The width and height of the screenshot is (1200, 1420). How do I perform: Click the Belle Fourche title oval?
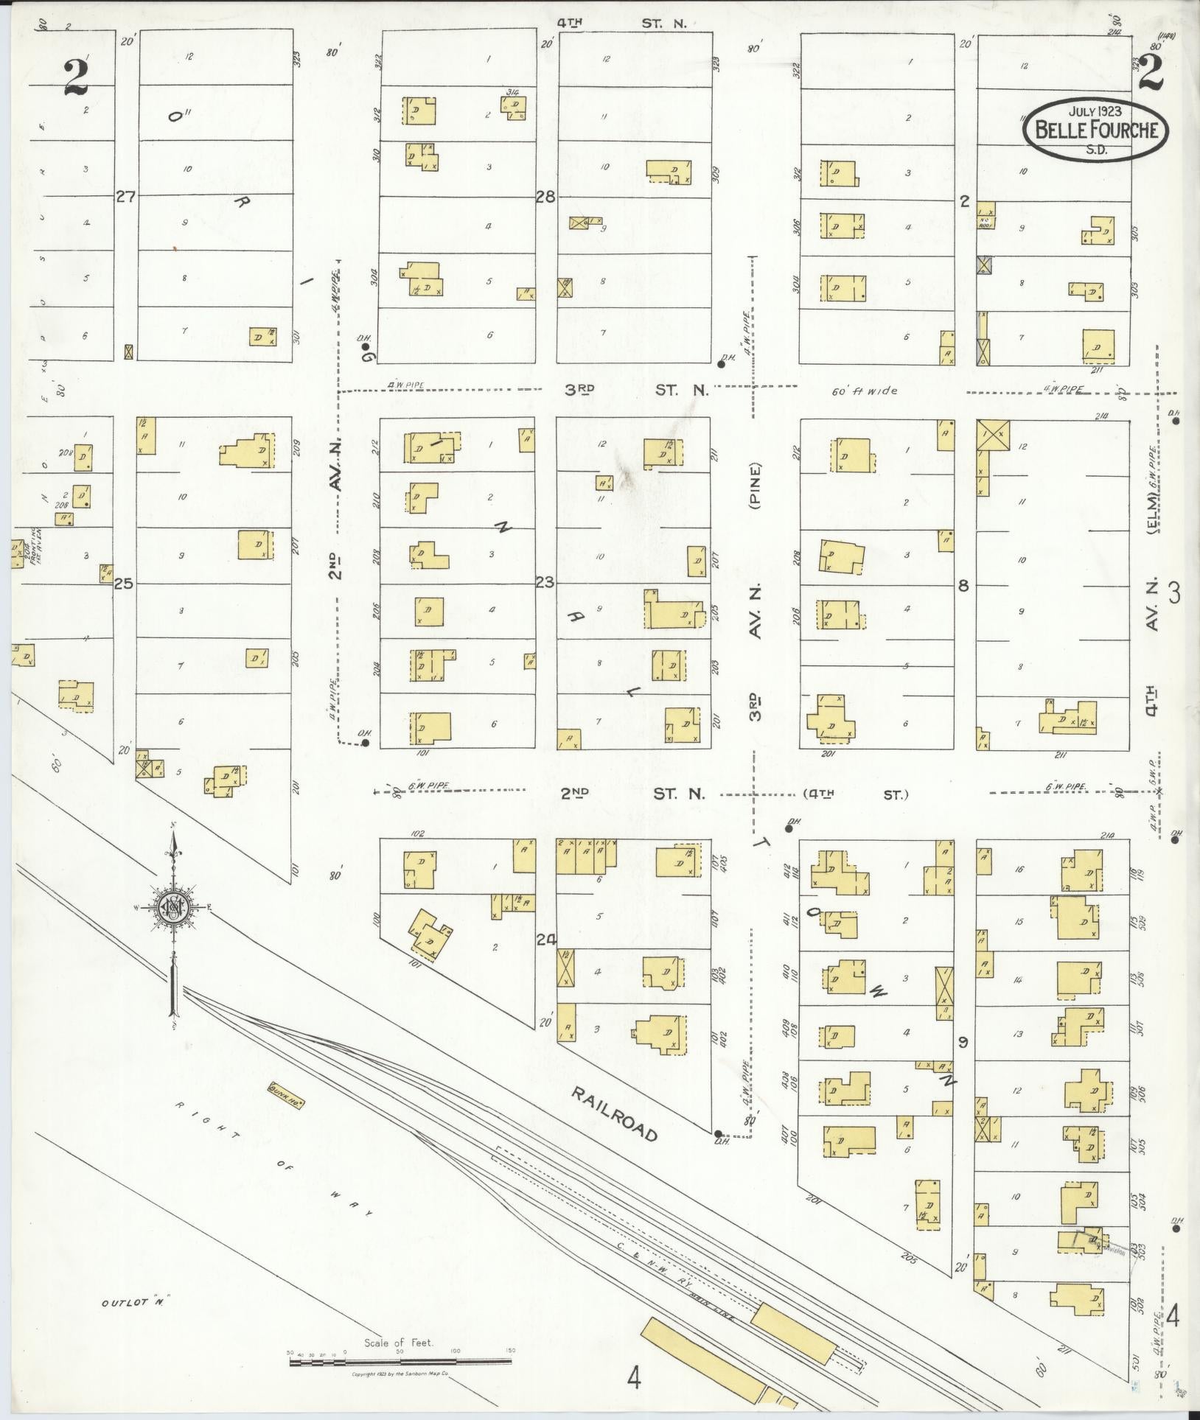[x=1095, y=129]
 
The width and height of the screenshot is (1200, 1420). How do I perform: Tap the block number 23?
[x=545, y=583]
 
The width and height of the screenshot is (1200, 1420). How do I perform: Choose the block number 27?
[x=126, y=196]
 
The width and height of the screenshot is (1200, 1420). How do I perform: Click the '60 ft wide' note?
[x=865, y=391]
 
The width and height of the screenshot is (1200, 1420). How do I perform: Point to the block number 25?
[x=124, y=584]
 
